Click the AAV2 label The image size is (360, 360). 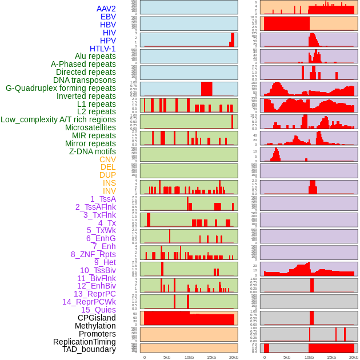click(x=106, y=9)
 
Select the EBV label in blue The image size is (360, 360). click(x=108, y=17)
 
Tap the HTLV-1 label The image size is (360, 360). click(x=102, y=49)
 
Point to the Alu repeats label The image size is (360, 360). click(x=95, y=56)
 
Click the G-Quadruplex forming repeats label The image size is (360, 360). click(x=61, y=88)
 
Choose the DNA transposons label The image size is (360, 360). click(x=85, y=80)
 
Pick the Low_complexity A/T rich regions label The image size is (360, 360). click(x=58, y=119)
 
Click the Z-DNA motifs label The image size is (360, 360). click(x=92, y=151)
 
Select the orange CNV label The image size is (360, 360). click(x=107, y=159)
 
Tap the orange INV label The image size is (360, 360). click(x=109, y=191)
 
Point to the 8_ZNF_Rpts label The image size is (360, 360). click(x=93, y=254)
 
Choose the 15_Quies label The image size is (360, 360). click(x=98, y=310)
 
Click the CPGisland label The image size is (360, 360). click(x=97, y=318)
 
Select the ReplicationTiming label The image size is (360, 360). click(x=85, y=342)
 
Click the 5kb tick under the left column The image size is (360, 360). click(x=167, y=357)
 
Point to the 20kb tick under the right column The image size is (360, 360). click(x=354, y=357)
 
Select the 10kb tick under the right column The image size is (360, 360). click(x=309, y=357)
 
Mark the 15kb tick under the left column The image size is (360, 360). click(x=211, y=357)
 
